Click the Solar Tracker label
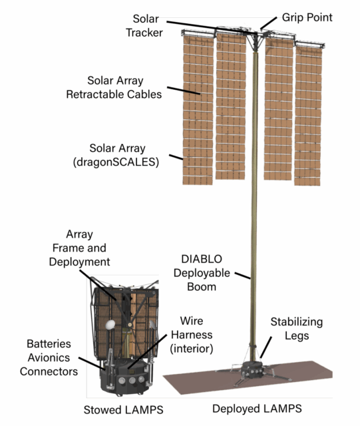[144, 26]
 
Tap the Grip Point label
[307, 17]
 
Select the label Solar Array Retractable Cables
[114, 87]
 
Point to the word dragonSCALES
[116, 162]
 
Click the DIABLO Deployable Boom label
[202, 273]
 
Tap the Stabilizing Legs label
[297, 328]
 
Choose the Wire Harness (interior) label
[192, 335]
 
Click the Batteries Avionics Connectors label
[49, 357]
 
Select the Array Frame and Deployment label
[79, 248]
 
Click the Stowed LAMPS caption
[123, 410]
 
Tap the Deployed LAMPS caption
[257, 409]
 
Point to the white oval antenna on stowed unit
[110, 325]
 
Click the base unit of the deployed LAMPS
[254, 370]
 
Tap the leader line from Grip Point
[268, 23]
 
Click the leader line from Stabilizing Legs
[266, 347]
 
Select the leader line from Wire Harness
[147, 351]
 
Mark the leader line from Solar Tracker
[212, 27]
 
